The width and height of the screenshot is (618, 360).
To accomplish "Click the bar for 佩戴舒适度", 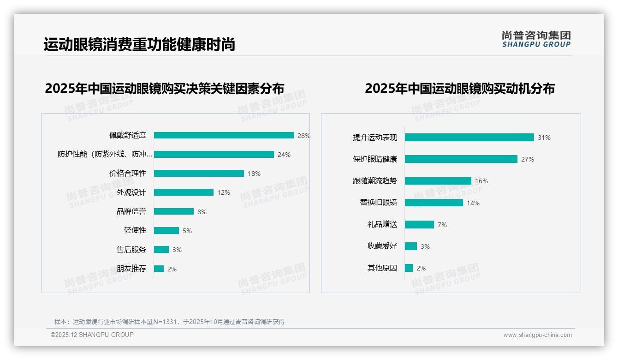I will [x=224, y=135].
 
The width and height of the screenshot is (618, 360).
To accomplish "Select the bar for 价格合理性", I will [x=199, y=174].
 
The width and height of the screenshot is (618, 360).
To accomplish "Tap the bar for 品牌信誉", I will [x=174, y=211].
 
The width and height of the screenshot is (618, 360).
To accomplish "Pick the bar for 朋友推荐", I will [x=159, y=269].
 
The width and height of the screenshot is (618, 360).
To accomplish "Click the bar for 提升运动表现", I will [x=469, y=138].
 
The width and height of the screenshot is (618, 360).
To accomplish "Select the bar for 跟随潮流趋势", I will [x=438, y=181].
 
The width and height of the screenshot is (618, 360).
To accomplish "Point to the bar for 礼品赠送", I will [x=419, y=224].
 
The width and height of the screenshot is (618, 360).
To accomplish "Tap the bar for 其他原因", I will [x=409, y=268].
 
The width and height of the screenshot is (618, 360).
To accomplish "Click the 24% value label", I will [x=284, y=155].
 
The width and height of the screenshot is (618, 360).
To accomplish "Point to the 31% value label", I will [x=544, y=138].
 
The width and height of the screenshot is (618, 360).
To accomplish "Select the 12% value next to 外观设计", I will [x=224, y=192].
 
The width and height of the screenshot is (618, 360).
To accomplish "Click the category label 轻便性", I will [x=135, y=230].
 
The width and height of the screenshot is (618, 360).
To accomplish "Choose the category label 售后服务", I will [x=131, y=250].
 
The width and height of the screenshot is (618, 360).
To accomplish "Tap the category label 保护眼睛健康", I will [x=375, y=159].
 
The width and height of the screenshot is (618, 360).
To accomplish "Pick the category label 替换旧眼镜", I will [x=379, y=203].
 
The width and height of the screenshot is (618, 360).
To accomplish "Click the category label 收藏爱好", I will [x=382, y=246].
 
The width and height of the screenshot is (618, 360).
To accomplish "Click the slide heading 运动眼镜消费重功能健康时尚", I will [x=139, y=44].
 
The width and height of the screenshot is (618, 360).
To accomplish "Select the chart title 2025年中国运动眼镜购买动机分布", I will [x=459, y=88].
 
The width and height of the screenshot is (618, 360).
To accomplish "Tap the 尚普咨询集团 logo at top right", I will [x=536, y=39].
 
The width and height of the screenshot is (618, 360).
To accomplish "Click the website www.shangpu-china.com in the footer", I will [x=537, y=335].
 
